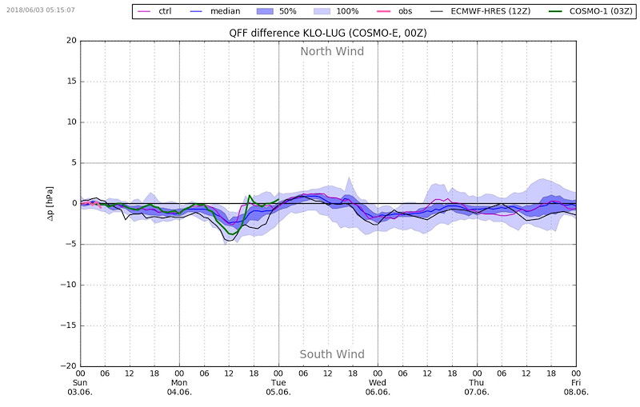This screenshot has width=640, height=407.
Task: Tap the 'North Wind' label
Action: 332,52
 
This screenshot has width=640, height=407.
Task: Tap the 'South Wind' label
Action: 332,354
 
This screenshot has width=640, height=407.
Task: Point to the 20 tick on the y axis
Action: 70,41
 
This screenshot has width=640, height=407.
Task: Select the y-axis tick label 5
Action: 73,162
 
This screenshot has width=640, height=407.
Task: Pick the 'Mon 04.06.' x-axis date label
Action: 179,387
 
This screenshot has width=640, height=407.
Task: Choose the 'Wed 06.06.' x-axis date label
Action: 378,387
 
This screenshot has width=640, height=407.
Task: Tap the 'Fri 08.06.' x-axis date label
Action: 575,387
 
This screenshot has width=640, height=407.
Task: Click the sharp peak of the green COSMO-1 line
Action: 250,195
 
